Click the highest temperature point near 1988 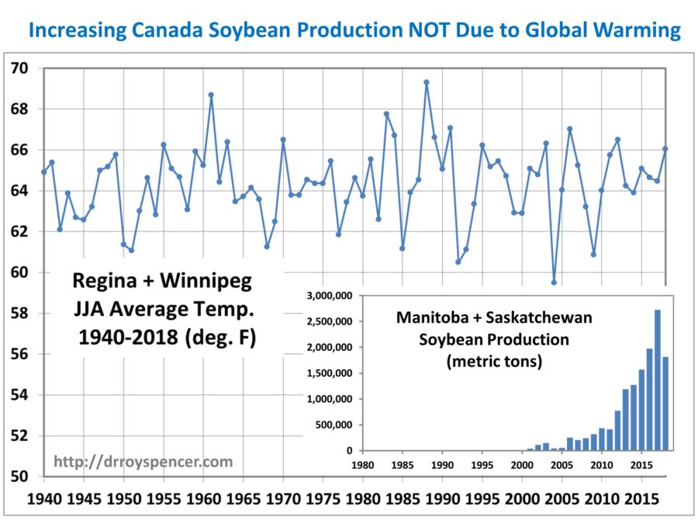point(427,82)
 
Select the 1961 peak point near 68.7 point(211,95)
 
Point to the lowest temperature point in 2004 point(554,283)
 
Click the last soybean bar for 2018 point(665,404)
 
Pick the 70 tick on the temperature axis point(19,68)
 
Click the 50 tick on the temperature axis point(19,477)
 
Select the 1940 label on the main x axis point(44,498)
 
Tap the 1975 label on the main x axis point(323,498)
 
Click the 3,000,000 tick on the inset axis point(330,296)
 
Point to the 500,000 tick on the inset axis point(333,425)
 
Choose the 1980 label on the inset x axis point(363,465)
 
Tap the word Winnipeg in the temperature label point(206,282)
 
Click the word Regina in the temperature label point(105,282)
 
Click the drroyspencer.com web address point(143,462)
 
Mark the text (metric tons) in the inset point(494,361)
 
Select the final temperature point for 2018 point(665,149)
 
